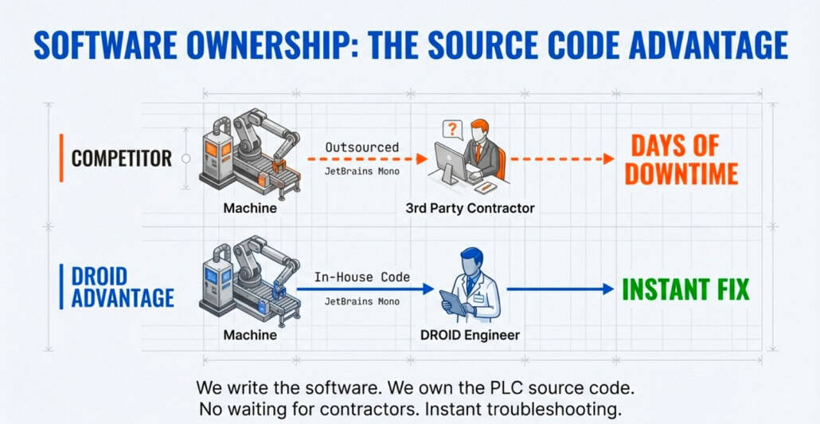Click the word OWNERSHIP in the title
(263, 45)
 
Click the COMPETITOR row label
(121, 158)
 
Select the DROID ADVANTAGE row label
(123, 287)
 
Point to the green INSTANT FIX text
(685, 289)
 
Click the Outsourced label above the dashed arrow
(362, 147)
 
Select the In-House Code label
(362, 277)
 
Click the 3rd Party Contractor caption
(470, 208)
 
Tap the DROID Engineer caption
(470, 335)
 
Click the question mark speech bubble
(452, 129)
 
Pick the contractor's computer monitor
(451, 163)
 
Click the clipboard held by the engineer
(452, 302)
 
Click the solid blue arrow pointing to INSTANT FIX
(557, 289)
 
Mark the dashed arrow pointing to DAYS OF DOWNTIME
(561, 159)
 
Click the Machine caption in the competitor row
(250, 208)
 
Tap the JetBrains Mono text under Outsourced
(362, 171)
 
